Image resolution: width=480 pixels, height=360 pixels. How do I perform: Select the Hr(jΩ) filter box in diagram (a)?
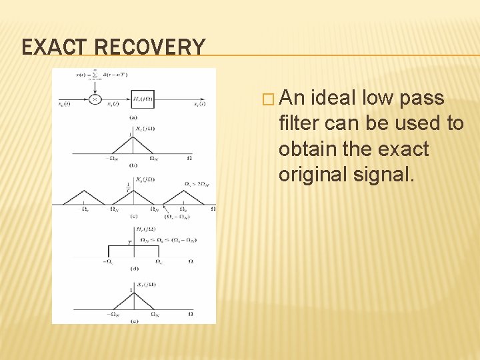pyautogui.click(x=143, y=99)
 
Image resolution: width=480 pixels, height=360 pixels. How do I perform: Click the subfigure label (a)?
pyautogui.click(x=133, y=117)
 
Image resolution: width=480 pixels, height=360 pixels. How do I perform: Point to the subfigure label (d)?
pyautogui.click(x=133, y=269)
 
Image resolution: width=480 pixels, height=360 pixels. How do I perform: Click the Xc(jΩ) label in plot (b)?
pyautogui.click(x=144, y=128)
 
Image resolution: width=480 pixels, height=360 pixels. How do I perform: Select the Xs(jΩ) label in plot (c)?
pyautogui.click(x=144, y=179)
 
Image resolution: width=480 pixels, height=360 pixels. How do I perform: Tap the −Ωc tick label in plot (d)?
pyautogui.click(x=109, y=261)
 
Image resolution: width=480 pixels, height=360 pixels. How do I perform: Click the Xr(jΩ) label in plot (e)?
pyautogui.click(x=144, y=285)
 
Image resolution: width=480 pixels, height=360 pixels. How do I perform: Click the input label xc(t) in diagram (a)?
pyautogui.click(x=64, y=104)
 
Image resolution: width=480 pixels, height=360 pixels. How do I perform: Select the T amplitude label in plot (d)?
pyautogui.click(x=128, y=243)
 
